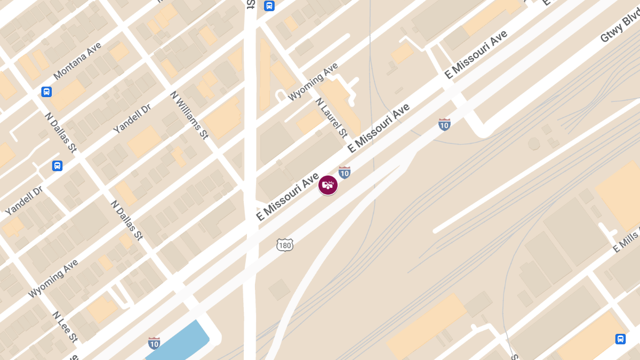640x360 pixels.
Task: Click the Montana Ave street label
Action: coord(77,61)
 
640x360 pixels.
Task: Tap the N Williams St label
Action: coord(189,115)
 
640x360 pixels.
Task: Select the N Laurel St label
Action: coord(331,117)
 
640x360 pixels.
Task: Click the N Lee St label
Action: coord(65,326)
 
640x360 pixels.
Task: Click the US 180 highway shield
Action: coord(285,245)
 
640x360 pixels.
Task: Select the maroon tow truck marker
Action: coord(328,185)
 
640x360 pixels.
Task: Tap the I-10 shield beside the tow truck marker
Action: coord(345,172)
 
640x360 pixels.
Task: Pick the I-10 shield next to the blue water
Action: coord(154,343)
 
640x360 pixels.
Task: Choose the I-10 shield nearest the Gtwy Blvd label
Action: coord(444,124)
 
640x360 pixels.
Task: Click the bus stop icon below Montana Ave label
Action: coord(47,92)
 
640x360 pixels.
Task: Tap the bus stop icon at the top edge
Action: coord(269,6)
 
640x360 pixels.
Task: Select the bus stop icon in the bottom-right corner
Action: coord(620,339)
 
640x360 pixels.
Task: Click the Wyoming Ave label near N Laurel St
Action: coord(313,82)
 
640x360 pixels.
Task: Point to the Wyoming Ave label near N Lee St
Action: coord(53,278)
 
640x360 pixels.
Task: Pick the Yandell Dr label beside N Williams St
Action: coord(132,118)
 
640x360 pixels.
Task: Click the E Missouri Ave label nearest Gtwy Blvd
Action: coord(476,55)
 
